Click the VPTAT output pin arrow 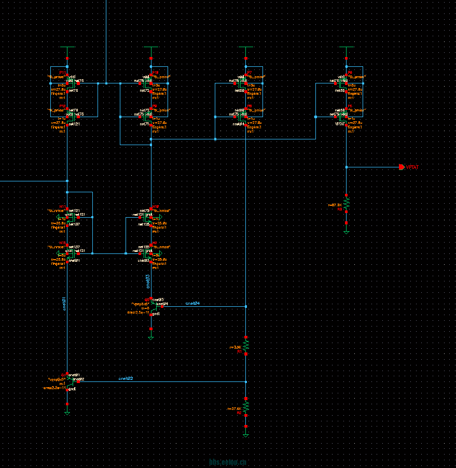click(402, 167)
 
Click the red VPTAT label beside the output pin click(412, 167)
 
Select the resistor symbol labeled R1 click(246, 344)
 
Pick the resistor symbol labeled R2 click(246, 406)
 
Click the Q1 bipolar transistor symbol click(67, 381)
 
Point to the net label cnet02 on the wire click(126, 379)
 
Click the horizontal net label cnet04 click(192, 304)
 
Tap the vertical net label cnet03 click(148, 280)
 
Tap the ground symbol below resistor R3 click(346, 232)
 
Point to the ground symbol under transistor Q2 click(151, 337)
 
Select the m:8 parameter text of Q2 click(146, 308)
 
